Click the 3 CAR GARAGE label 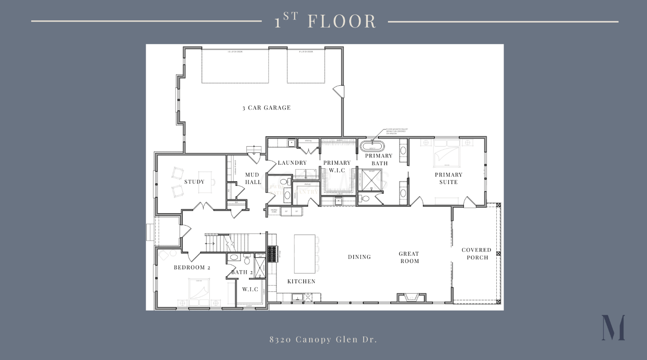coord(266,108)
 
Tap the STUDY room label coord(194,182)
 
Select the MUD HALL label coord(253,178)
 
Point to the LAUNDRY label coord(292,163)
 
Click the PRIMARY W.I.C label coord(337,166)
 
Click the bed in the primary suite coord(446,153)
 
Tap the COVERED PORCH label coord(476,254)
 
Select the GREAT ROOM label coord(409,257)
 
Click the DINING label coord(359,257)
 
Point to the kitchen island coord(305,254)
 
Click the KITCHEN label coord(301,282)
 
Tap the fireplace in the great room coord(411,298)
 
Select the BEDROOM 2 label coord(192,268)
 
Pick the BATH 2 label coord(242,272)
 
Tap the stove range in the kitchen coord(272,254)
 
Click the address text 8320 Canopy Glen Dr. coord(323,340)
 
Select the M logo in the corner coord(613,328)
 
